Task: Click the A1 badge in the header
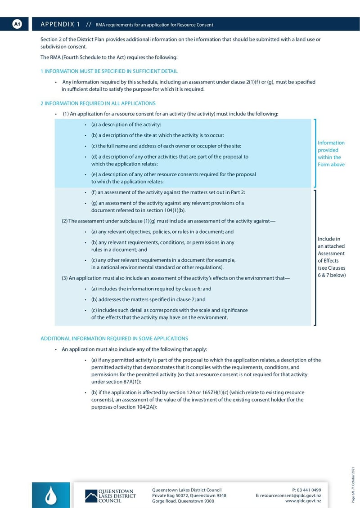click(17, 24)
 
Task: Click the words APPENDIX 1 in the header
click(60, 24)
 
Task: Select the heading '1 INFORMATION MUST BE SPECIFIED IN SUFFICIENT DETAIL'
click(109, 71)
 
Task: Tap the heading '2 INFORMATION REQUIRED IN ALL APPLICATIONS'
click(98, 103)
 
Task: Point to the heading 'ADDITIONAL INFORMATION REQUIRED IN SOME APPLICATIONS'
click(114, 339)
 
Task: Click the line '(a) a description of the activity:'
click(126, 125)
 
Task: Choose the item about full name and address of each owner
click(166, 146)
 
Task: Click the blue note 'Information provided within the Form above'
click(331, 154)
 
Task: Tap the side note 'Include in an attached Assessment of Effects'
click(332, 257)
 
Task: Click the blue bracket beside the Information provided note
click(315, 153)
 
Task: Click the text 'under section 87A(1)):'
click(116, 381)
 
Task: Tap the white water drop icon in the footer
click(51, 495)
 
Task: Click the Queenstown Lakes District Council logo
click(110, 495)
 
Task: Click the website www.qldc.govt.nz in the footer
click(303, 501)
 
